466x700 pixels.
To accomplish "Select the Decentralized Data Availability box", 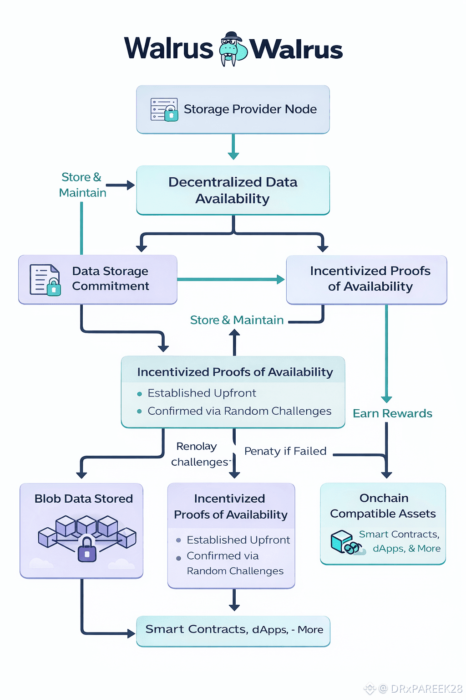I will [x=233, y=190].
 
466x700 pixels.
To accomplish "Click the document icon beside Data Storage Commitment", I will [x=45, y=279].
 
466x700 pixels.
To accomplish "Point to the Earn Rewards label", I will [x=392, y=413].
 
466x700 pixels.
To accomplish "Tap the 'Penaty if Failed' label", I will [x=285, y=451].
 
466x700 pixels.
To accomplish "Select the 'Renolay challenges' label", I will [x=199, y=454].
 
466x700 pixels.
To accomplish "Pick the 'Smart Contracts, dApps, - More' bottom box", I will [x=233, y=631].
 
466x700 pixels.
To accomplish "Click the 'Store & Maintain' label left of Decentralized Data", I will [x=82, y=185].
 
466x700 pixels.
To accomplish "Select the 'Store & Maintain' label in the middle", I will [x=237, y=320].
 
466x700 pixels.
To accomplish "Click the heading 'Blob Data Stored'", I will [x=84, y=499].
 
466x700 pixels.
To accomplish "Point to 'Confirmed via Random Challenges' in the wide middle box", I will [x=239, y=411].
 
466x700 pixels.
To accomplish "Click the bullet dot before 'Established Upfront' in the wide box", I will [x=140, y=394].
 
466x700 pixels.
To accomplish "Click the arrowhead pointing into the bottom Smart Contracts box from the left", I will [x=131, y=633].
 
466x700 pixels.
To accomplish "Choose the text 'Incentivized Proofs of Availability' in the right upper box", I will [x=370, y=278].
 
